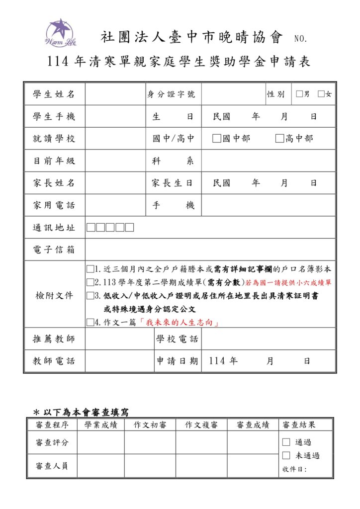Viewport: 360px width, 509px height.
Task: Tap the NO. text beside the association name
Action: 301,39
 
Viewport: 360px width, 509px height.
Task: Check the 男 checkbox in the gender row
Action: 298,94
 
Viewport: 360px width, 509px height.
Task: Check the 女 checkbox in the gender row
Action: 321,94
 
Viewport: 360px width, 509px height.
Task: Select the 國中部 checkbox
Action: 216,139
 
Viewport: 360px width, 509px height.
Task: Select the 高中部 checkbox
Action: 279,139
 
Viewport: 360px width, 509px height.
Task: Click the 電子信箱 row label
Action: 54,250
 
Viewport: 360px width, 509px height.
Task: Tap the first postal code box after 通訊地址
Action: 91,228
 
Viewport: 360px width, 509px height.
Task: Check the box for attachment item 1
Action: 90,269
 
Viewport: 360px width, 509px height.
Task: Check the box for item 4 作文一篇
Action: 90,322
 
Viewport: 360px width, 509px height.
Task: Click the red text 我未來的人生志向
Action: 180,323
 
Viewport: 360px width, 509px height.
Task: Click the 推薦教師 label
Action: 54,339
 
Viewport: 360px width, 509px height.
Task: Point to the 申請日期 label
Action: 178,361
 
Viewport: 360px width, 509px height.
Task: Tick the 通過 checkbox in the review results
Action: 286,442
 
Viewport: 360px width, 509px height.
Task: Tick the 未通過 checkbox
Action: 286,455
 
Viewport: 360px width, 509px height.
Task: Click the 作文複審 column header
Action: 201,425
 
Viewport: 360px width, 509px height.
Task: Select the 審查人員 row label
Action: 52,466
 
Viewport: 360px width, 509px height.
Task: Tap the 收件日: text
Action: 294,469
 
